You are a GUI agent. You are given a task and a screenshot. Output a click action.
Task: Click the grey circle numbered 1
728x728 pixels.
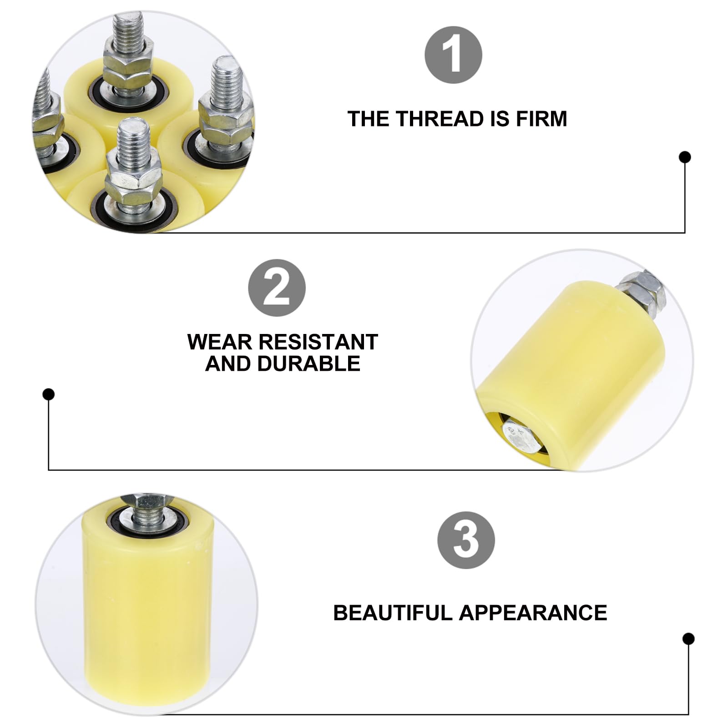click(453, 55)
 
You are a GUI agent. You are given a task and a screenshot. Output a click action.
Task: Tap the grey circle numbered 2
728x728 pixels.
click(277, 288)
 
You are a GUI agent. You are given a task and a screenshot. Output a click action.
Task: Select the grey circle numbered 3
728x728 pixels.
click(466, 540)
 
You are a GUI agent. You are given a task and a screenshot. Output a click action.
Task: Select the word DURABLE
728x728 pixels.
click(309, 364)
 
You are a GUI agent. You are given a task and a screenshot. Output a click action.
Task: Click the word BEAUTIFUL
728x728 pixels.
click(393, 613)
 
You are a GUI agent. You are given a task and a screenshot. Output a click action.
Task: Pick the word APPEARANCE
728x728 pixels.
click(533, 613)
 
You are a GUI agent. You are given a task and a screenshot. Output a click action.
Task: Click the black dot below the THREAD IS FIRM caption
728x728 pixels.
click(685, 157)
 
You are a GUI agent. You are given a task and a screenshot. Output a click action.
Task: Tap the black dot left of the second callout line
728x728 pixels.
click(49, 394)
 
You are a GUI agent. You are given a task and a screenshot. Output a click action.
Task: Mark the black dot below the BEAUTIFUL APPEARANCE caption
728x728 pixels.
click(688, 639)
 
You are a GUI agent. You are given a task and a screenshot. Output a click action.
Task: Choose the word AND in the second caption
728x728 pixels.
click(227, 364)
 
